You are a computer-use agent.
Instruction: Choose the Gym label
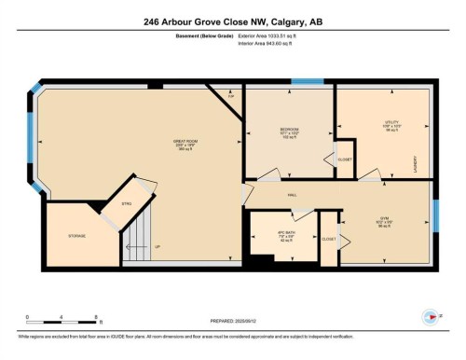click(x=383, y=221)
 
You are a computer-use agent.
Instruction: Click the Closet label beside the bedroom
click(x=344, y=159)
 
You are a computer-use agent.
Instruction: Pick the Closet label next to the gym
click(x=328, y=239)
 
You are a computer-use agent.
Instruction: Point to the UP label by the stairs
click(x=157, y=247)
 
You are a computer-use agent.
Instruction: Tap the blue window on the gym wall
click(x=434, y=220)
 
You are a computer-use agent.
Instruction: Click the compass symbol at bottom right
click(x=431, y=314)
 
